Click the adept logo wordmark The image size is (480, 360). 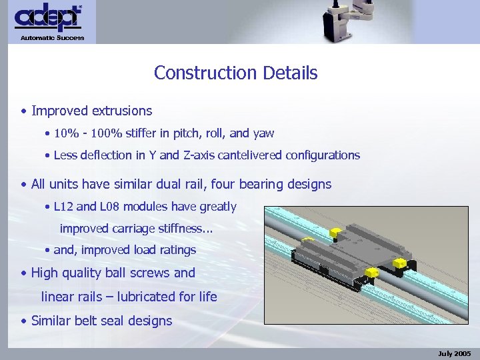tap(48, 18)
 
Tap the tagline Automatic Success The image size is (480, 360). tap(53, 38)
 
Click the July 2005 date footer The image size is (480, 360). tap(455, 353)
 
